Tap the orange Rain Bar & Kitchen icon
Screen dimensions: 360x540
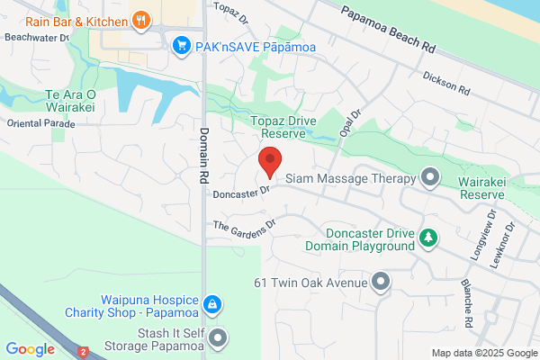click(x=140, y=19)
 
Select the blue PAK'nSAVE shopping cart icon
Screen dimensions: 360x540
click(x=183, y=43)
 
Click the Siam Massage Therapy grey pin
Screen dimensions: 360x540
click(x=429, y=177)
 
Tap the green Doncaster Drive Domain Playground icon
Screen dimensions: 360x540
click(x=430, y=238)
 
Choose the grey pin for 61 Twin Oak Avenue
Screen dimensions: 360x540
click(x=381, y=283)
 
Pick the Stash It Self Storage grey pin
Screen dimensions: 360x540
click(x=219, y=338)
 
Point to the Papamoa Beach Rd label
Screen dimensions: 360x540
click(x=391, y=26)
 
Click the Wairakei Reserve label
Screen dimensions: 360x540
click(x=485, y=188)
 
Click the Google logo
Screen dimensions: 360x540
click(x=30, y=349)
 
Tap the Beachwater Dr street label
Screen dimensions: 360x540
click(x=37, y=38)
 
